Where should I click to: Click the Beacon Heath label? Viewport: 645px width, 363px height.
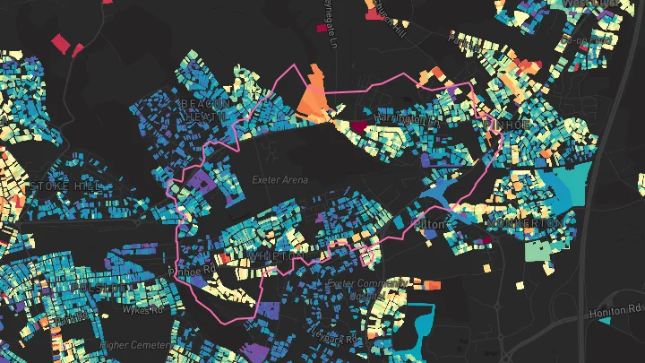[x=206, y=109]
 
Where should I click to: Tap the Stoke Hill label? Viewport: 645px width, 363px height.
[x=66, y=186]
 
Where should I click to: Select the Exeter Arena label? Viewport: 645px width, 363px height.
[x=279, y=180]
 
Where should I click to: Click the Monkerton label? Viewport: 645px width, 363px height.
[x=527, y=221]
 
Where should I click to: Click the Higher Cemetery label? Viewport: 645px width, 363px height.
[x=134, y=344]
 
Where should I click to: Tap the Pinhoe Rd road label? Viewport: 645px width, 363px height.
[x=193, y=269]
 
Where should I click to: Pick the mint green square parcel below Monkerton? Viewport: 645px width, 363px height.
[x=538, y=249]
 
